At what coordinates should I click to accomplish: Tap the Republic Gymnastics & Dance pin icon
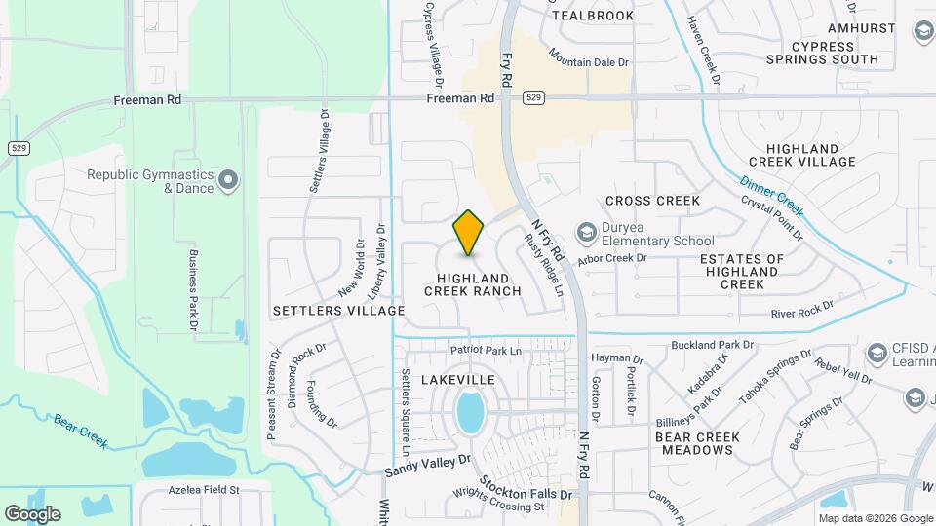pos(228,180)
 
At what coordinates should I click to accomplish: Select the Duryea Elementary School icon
pos(587,232)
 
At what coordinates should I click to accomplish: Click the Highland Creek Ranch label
pos(472,284)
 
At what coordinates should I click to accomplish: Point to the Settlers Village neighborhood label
pos(338,311)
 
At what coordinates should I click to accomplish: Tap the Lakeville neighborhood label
pos(457,379)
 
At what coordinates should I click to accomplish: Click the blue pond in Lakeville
pos(470,413)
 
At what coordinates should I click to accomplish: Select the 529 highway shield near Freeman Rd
pos(532,97)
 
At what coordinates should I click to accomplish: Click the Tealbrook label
pos(593,16)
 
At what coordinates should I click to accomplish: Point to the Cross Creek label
pos(652,201)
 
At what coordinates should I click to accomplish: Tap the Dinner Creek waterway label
pos(772,196)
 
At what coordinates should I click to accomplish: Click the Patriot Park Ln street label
pos(486,350)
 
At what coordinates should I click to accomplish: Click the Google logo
pos(32,513)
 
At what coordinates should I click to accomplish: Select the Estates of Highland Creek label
pos(742,272)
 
